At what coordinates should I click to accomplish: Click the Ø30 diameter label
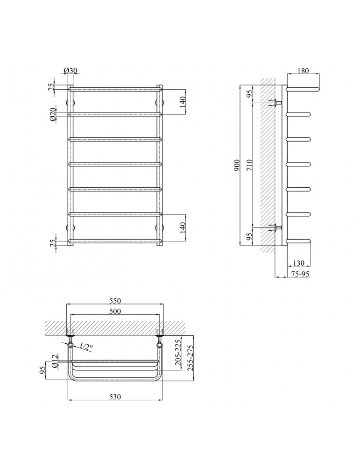point(71,71)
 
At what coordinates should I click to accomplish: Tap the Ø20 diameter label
point(53,114)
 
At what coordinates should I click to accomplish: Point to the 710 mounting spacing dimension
point(249,165)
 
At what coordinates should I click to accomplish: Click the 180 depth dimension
point(303,71)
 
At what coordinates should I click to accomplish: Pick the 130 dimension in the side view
point(298,262)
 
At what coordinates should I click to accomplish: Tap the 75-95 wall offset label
point(300,274)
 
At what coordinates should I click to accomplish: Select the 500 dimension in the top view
point(115,311)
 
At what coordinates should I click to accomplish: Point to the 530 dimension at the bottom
point(115,396)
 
